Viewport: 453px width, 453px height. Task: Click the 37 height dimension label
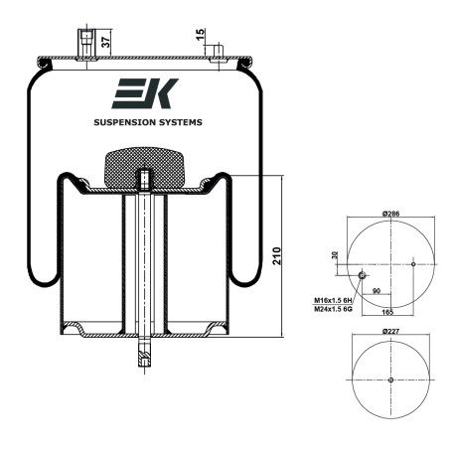tap(105, 42)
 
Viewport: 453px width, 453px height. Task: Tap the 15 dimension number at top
tap(201, 35)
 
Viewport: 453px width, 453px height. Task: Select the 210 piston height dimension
tap(277, 255)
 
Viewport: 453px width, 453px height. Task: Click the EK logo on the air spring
tap(145, 93)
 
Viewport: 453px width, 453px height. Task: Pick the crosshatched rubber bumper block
tap(144, 167)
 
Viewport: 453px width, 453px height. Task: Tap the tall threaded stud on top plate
tap(86, 45)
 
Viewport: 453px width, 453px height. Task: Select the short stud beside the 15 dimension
tap(218, 53)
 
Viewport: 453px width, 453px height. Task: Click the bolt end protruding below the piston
tap(145, 352)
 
